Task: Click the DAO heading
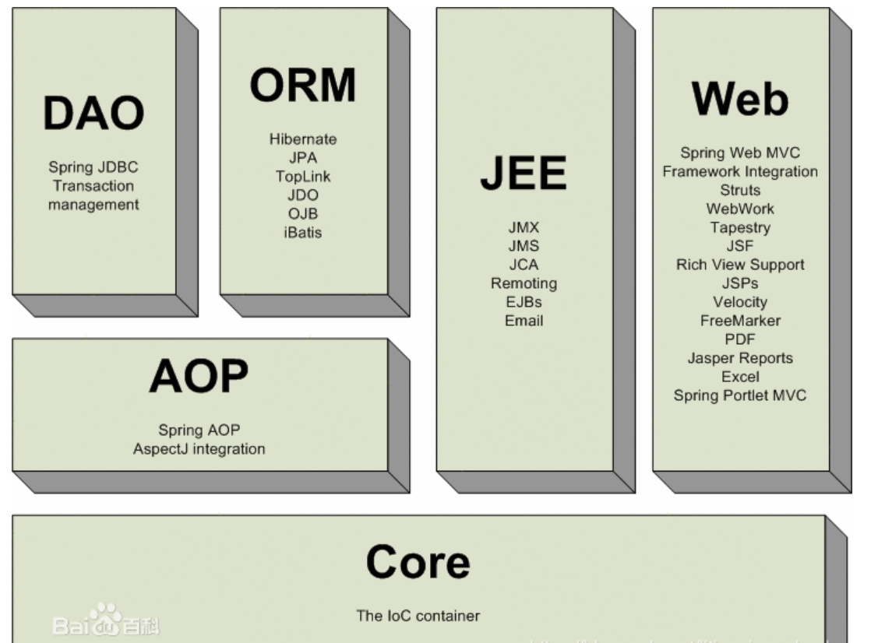point(93,114)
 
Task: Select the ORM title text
point(303,85)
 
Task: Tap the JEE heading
point(523,173)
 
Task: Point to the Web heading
point(739,99)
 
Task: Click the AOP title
point(199,377)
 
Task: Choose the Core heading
point(418,561)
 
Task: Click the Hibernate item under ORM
point(303,139)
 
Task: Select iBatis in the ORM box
point(303,232)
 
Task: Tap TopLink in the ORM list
point(303,177)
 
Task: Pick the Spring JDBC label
point(93,167)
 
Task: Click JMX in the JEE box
point(524,228)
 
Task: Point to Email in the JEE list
point(524,321)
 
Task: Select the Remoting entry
point(524,283)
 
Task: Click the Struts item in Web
point(740,190)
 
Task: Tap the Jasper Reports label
point(740,358)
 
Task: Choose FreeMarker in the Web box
point(740,321)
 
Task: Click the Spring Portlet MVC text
point(740,395)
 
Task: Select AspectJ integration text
point(199,449)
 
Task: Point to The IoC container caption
point(418,616)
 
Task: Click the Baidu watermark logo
point(104,620)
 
